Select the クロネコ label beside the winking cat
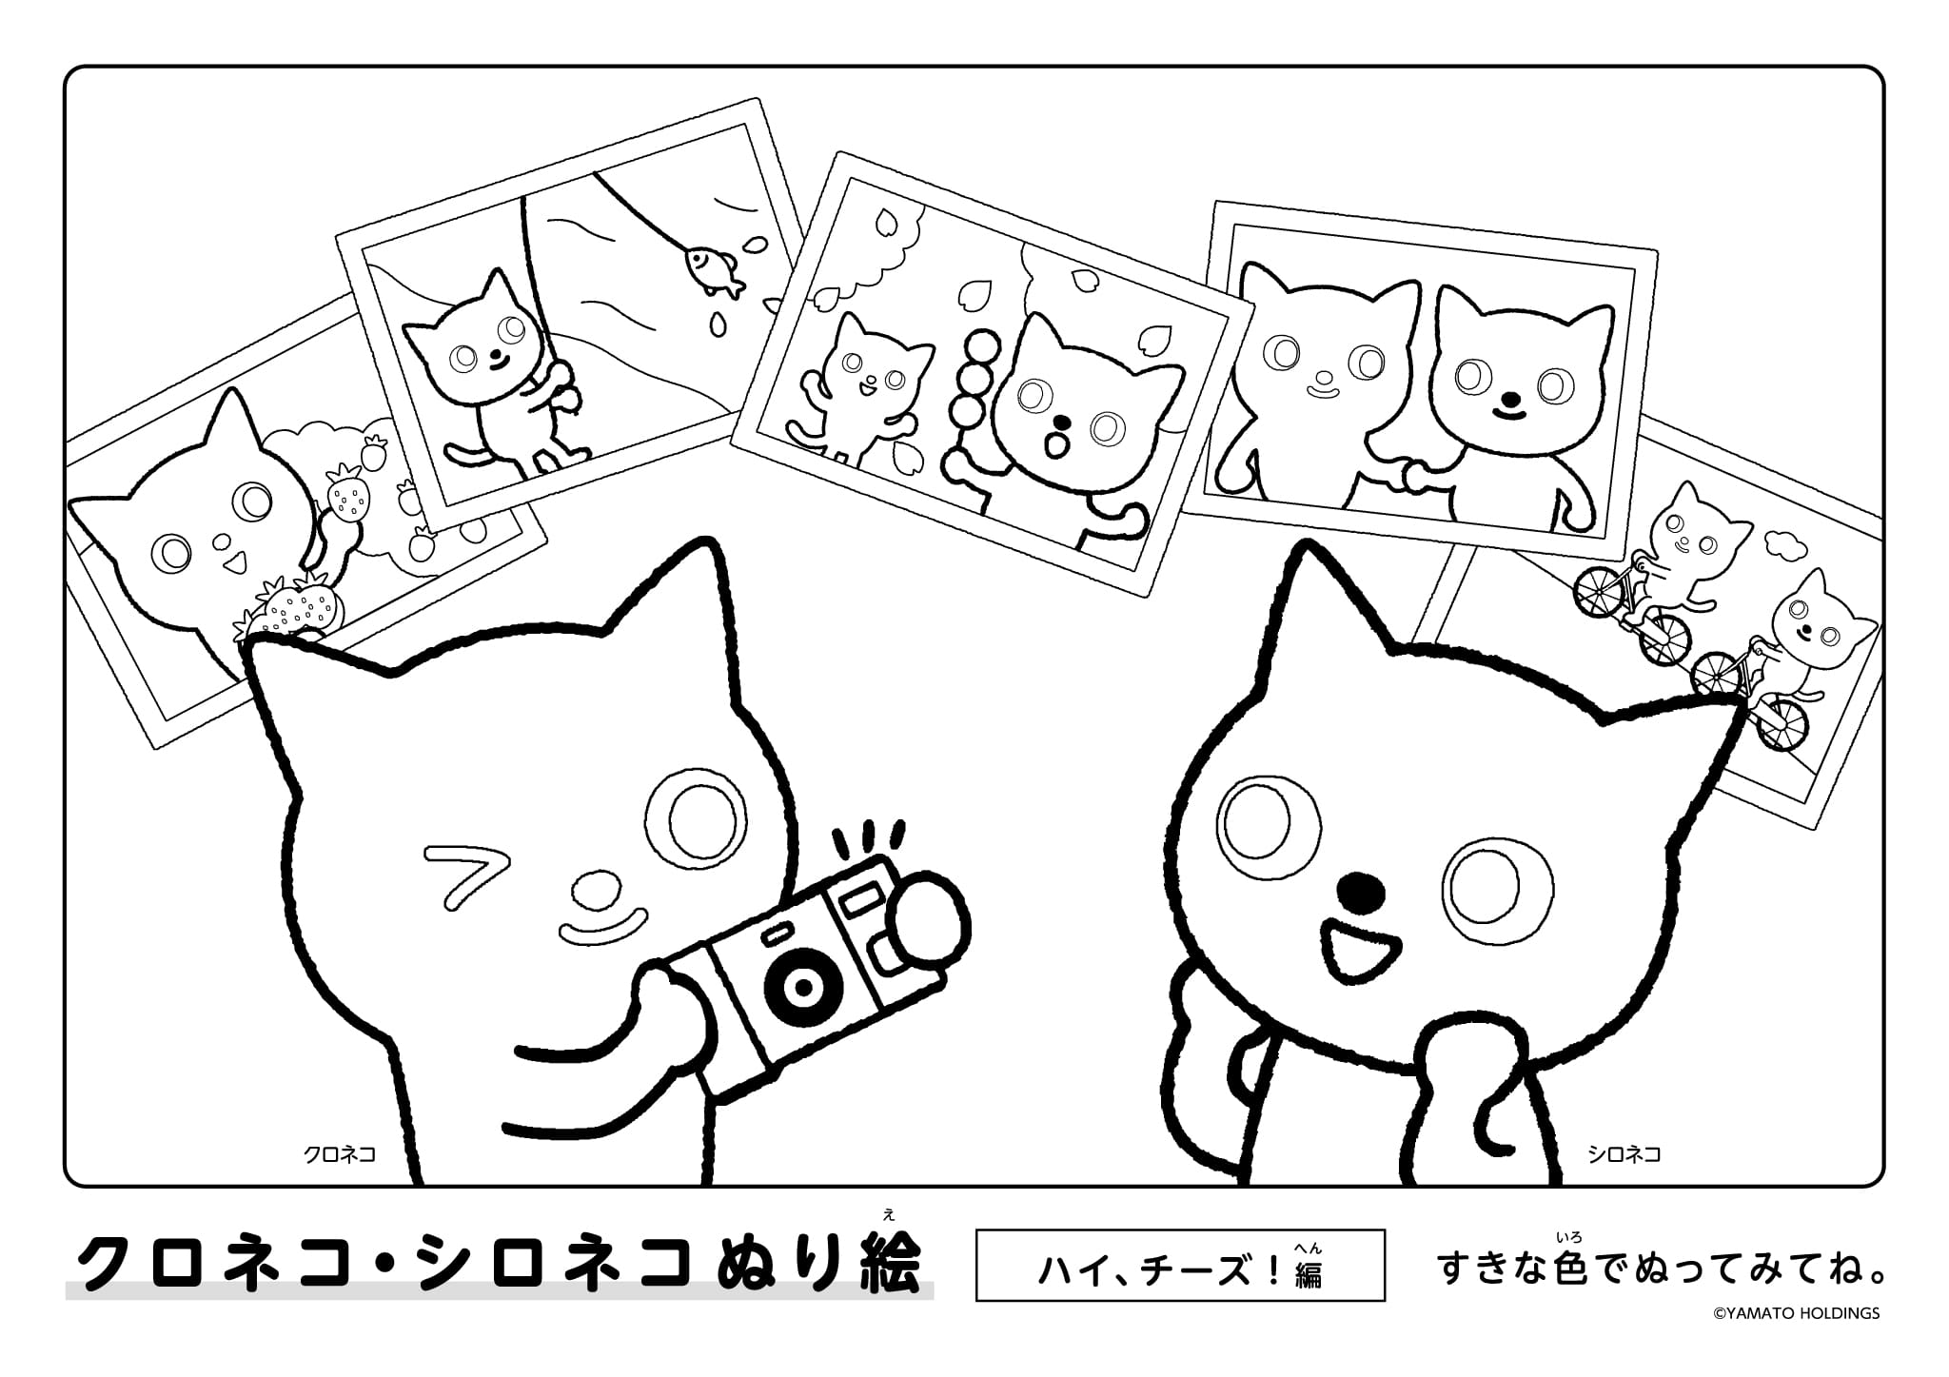339,1154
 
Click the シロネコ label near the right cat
1624,1154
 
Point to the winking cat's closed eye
465,872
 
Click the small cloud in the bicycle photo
1786,543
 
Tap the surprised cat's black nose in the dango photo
1063,422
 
